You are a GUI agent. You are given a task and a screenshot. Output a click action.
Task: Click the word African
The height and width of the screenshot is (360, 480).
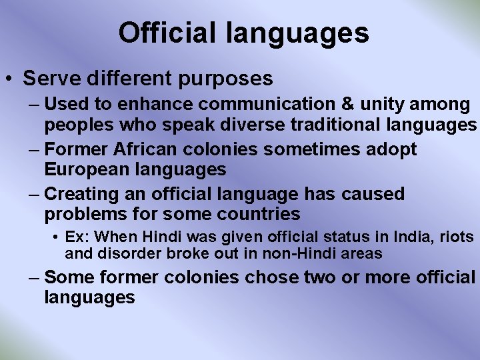[147, 149]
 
